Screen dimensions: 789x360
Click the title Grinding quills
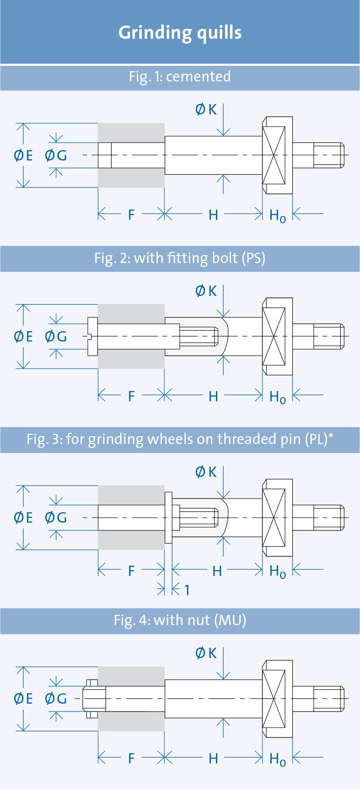pyautogui.click(x=180, y=33)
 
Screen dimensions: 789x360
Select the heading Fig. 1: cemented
pyautogui.click(x=180, y=77)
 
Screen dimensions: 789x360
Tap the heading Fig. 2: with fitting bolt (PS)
pyautogui.click(x=180, y=258)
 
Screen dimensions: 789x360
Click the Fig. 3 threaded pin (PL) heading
pyautogui.click(x=180, y=439)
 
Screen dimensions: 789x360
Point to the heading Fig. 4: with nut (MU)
pyautogui.click(x=180, y=620)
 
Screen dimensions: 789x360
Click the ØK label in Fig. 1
pyautogui.click(x=206, y=109)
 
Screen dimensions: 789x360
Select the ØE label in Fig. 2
pyautogui.click(x=24, y=337)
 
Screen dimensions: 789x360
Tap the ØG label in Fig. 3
pyautogui.click(x=56, y=518)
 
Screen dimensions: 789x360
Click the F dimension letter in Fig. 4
pyautogui.click(x=131, y=758)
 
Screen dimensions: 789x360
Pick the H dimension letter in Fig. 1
pyautogui.click(x=213, y=215)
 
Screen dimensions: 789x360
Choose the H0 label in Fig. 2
pyautogui.click(x=278, y=397)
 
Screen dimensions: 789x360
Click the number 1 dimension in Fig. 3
pyautogui.click(x=187, y=590)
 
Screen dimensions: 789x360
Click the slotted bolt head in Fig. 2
pyautogui.click(x=92, y=337)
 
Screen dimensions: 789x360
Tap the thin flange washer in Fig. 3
pyautogui.click(x=168, y=518)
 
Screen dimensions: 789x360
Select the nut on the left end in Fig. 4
pyautogui.click(x=92, y=699)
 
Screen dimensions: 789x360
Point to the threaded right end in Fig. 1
pyautogui.click(x=329, y=155)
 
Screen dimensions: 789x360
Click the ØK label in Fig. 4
pyautogui.click(x=206, y=653)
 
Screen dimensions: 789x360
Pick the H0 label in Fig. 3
pyautogui.click(x=278, y=572)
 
